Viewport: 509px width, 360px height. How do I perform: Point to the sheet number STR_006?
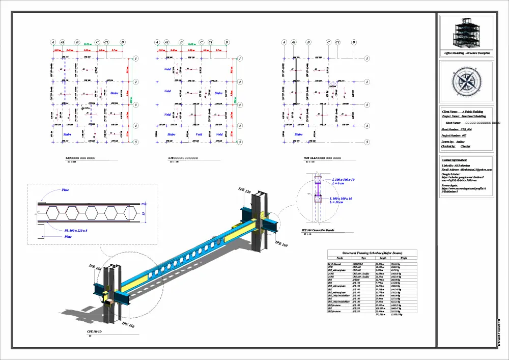pos(461,130)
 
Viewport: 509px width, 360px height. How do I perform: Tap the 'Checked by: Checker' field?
pos(456,146)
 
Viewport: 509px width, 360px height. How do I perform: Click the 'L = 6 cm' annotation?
pos(339,184)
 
